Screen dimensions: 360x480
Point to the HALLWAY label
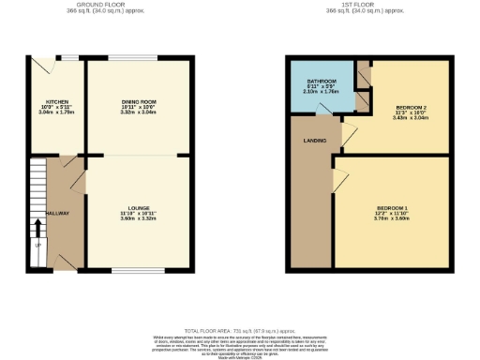tap(57, 213)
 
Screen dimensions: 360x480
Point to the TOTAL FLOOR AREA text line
tap(240, 331)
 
